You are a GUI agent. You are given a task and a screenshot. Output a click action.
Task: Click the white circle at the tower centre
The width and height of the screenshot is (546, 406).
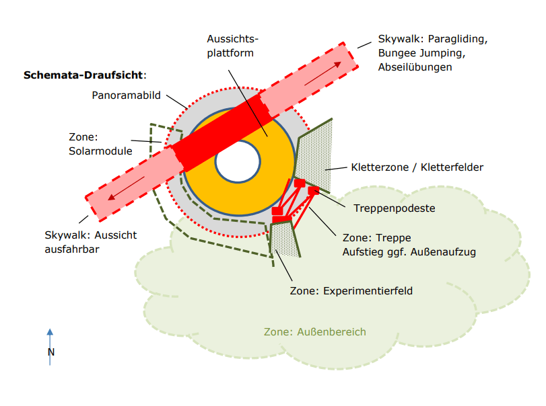[x=238, y=161]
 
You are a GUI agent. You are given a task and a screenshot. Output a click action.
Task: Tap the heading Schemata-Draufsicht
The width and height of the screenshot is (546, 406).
[x=83, y=75]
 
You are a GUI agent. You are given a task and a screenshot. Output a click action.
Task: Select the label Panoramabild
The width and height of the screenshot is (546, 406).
[x=126, y=95]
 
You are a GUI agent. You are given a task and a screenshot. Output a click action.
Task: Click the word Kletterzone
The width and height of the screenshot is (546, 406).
[x=380, y=167]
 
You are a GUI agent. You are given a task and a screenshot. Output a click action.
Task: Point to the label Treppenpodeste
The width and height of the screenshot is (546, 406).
[x=394, y=208]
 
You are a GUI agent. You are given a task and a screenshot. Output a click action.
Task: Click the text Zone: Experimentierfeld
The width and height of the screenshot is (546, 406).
[x=351, y=290]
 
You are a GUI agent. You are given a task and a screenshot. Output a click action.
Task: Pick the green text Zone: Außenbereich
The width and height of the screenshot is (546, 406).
[x=315, y=332]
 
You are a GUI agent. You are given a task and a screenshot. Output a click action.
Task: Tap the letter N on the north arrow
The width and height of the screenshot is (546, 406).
[x=51, y=352]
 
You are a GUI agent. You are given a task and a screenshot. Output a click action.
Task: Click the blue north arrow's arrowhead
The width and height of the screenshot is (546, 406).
[x=50, y=332]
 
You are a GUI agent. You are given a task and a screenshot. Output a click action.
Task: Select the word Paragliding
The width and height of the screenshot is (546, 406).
[x=457, y=39]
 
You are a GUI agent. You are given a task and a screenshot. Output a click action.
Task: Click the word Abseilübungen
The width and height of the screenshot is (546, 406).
[x=415, y=67]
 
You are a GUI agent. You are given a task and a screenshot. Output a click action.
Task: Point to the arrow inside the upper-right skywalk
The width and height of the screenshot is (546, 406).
[x=322, y=73]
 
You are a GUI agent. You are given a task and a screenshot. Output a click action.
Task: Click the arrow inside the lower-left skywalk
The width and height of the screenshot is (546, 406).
[x=126, y=188]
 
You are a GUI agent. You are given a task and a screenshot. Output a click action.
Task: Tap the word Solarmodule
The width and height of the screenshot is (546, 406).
[x=100, y=151]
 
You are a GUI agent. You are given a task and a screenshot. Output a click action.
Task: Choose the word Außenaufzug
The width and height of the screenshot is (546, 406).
[x=443, y=251]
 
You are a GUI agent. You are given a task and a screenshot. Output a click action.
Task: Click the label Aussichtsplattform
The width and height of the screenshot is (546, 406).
[x=232, y=46]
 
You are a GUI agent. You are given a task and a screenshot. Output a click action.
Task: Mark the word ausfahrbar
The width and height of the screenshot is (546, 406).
[x=72, y=249]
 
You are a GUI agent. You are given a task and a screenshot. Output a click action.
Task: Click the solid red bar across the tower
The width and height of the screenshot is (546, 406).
[x=223, y=133]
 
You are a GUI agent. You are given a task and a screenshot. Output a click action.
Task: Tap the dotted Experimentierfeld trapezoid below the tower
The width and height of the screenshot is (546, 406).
[x=285, y=240]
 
